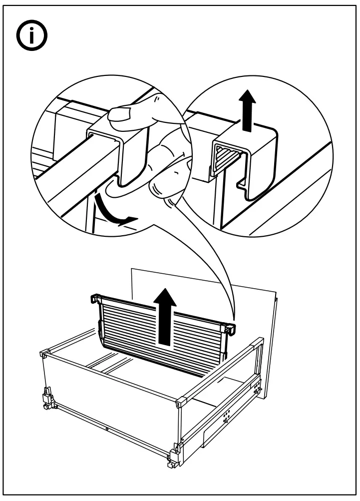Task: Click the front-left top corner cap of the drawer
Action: [43, 354]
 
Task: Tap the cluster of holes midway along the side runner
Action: [226, 415]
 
